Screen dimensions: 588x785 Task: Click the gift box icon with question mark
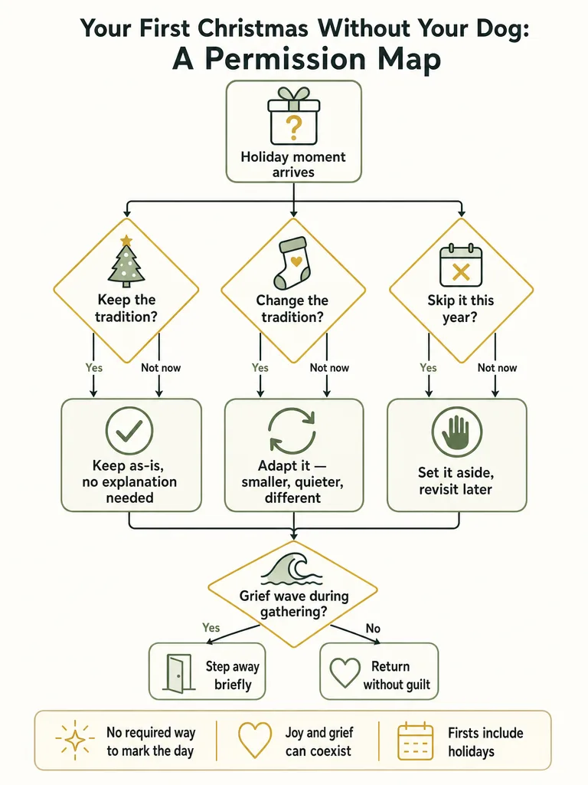tap(293, 116)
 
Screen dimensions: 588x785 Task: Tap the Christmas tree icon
tap(126, 261)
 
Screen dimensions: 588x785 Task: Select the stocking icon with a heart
tap(292, 263)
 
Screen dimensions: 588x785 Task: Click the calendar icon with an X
tap(460, 265)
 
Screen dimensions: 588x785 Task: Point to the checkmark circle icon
tap(129, 431)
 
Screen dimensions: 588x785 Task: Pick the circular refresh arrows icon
tap(292, 432)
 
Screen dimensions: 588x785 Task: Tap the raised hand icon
tap(456, 432)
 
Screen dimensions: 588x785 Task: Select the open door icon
tap(178, 674)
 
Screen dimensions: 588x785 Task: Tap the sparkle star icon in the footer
tap(74, 741)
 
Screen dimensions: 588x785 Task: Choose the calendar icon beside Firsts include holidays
tap(415, 741)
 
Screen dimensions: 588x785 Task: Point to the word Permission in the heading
tap(286, 59)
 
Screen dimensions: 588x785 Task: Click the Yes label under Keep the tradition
tap(94, 367)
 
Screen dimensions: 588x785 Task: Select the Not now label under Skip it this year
tap(497, 367)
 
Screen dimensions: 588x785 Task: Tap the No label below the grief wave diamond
tap(373, 628)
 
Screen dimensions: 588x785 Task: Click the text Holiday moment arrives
tap(293, 164)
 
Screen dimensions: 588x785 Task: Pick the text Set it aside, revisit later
tap(456, 481)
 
